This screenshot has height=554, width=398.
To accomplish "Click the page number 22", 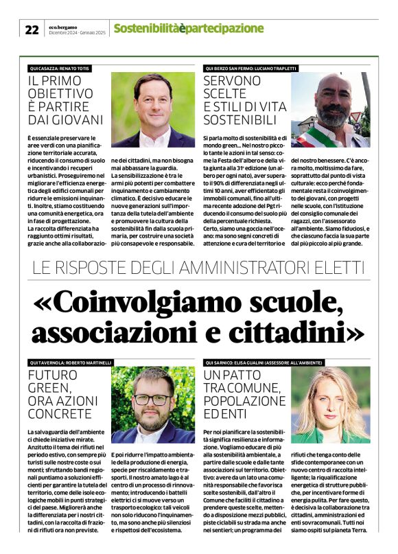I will pos(32,29).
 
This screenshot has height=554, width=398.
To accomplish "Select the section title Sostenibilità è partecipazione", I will pos(188,28).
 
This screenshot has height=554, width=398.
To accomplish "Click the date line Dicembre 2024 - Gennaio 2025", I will pos(76,32).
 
